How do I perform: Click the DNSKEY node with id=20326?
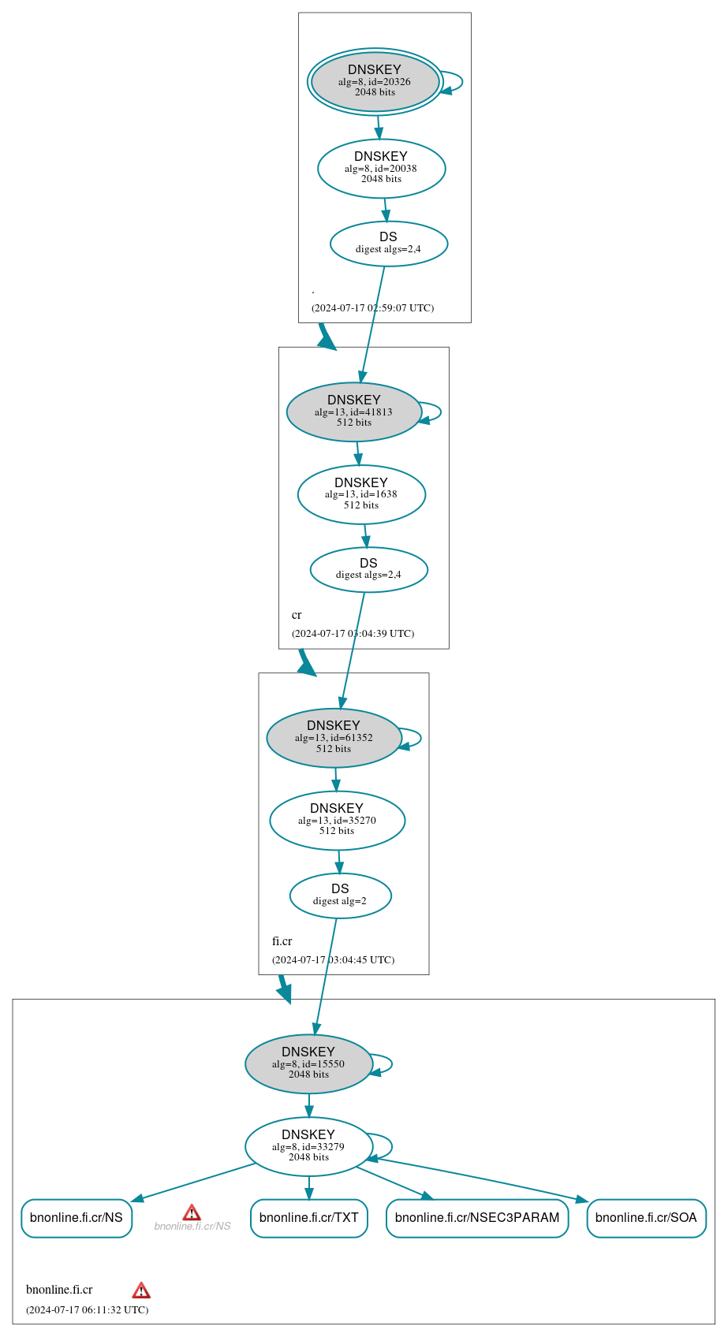pos(375,82)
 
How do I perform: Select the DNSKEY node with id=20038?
pos(381,168)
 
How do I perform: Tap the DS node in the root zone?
pos(388,244)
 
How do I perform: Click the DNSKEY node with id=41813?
pos(353,412)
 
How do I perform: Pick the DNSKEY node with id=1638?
pos(361,494)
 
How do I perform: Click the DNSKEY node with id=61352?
pos(334,738)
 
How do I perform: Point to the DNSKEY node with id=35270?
pos(337,821)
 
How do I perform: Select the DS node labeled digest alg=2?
pos(340,896)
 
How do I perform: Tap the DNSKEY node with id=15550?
pos(308,1064)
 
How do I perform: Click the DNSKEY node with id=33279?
pos(308,1146)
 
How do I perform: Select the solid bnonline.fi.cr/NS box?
pos(77,1218)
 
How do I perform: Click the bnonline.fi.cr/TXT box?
pos(308,1218)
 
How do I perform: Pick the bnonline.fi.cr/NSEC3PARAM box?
pos(476,1218)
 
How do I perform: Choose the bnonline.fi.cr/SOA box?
pos(646,1218)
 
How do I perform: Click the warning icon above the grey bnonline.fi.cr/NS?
pos(192,1212)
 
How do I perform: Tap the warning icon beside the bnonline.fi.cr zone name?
pos(141,1290)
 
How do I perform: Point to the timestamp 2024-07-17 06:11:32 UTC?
pos(87,1310)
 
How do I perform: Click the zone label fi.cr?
pos(282,941)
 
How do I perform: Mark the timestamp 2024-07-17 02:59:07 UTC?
pos(372,308)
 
